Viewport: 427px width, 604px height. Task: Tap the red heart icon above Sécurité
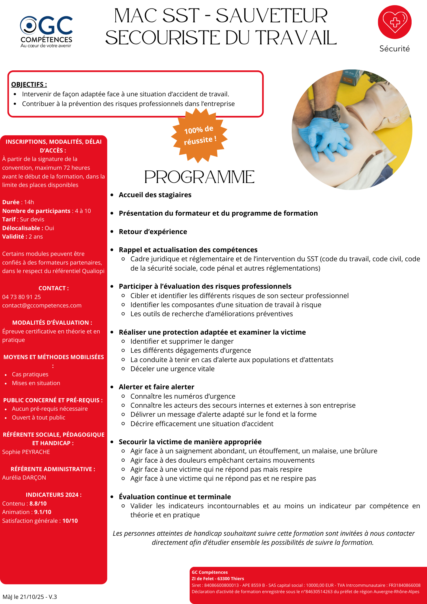pos(395,22)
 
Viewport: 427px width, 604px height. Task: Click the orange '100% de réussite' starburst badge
pos(200,135)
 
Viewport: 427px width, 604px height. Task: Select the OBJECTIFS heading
pos(29,85)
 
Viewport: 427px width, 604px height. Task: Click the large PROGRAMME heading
pos(199,177)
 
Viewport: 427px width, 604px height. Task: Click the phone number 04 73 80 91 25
pos(21,297)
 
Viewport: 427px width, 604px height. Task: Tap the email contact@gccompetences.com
pos(42,305)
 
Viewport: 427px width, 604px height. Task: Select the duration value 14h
pos(29,202)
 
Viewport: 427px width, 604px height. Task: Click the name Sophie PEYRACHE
pos(26,452)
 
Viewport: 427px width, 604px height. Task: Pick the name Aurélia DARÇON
pos(24,477)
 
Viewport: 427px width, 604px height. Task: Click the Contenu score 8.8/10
pos(38,503)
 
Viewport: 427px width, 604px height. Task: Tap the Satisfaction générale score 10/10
pos(70,521)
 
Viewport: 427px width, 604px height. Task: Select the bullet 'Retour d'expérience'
pos(153,232)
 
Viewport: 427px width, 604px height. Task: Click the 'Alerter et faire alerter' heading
pos(156,387)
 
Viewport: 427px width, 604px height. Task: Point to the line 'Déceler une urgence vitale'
pos(172,369)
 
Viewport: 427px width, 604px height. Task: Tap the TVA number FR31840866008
pos(404,585)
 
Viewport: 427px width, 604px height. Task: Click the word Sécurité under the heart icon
pos(394,49)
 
